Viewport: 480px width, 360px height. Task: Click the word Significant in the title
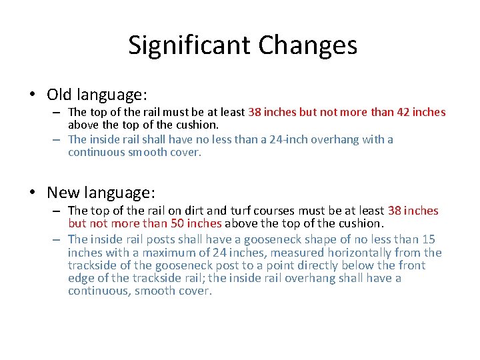click(x=189, y=45)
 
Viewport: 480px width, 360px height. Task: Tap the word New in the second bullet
click(x=63, y=193)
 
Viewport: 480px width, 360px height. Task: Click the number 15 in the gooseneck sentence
click(x=429, y=239)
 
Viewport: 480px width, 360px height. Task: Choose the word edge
click(x=79, y=277)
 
